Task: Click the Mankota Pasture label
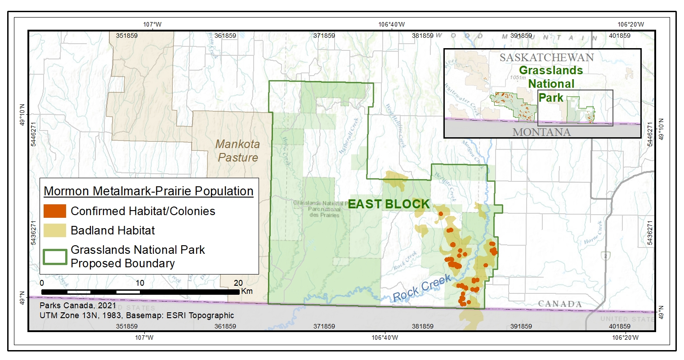click(x=237, y=151)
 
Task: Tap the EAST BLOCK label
click(x=389, y=204)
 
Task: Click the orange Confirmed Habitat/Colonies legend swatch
click(x=55, y=211)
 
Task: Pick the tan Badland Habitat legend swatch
click(x=55, y=230)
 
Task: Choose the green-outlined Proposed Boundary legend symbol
click(x=55, y=256)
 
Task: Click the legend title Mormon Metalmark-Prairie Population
click(x=148, y=191)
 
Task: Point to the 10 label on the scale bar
click(x=140, y=283)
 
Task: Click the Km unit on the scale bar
click(x=247, y=291)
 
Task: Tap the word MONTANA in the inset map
click(x=541, y=132)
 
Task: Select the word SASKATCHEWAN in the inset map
click(x=546, y=58)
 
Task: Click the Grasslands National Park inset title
click(x=551, y=84)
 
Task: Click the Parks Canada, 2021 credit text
click(x=78, y=306)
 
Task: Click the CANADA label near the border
click(x=560, y=304)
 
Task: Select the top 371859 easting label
click(x=324, y=36)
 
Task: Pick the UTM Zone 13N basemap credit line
click(x=137, y=315)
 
